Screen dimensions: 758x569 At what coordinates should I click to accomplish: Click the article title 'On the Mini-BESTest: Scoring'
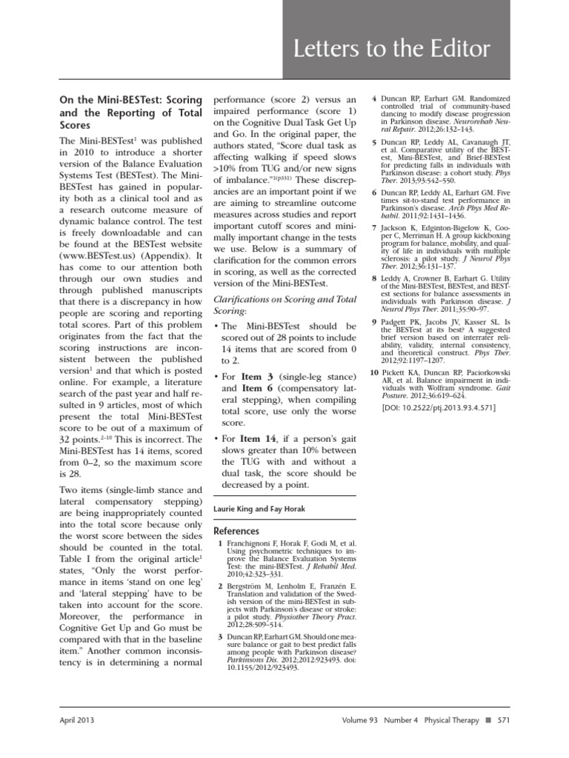click(x=130, y=98)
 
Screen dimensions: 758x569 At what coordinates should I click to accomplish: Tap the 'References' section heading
click(x=236, y=531)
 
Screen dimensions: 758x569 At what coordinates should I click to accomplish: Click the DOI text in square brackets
click(x=439, y=408)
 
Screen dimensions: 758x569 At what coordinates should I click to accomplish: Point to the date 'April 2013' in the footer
click(x=77, y=720)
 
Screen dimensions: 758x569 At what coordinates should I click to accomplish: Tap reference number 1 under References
click(x=220, y=545)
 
